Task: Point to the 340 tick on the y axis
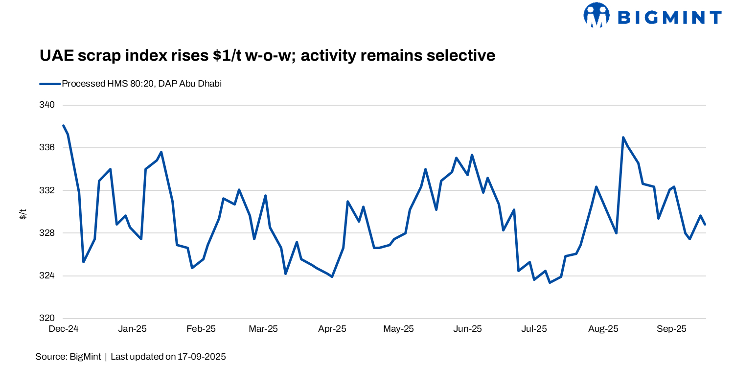(47, 105)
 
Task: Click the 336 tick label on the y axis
(47, 148)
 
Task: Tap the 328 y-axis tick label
(47, 233)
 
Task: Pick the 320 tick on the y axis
(47, 318)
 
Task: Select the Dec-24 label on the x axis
(64, 329)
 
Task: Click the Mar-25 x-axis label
(263, 329)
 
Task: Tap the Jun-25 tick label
(468, 329)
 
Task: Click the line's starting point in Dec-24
(64, 126)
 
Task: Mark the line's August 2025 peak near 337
(623, 138)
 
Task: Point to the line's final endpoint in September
(705, 225)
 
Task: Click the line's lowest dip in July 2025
(550, 282)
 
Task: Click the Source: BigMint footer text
(68, 357)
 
